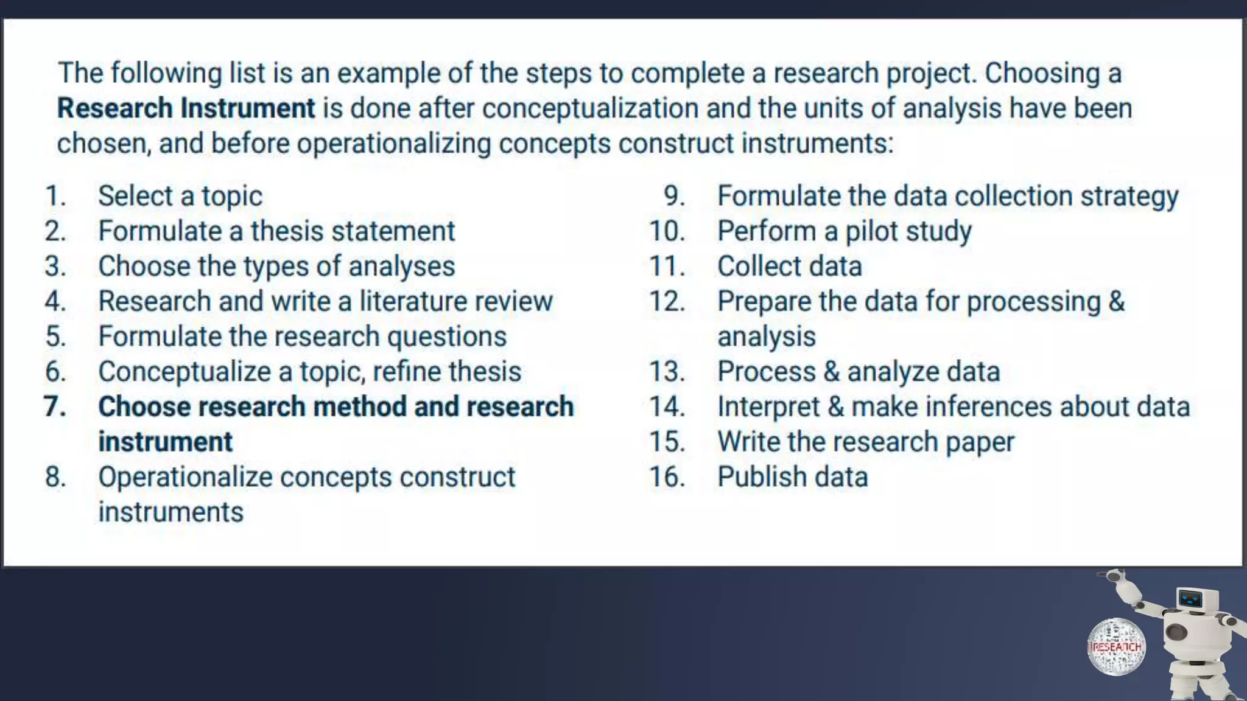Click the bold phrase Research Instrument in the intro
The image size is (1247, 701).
(186, 109)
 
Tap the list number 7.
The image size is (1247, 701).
(55, 406)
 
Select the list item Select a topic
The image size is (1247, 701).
(180, 196)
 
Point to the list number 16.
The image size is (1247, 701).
(667, 476)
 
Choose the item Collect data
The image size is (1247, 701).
(789, 267)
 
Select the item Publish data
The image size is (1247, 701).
(792, 476)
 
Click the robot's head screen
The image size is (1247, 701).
(1190, 599)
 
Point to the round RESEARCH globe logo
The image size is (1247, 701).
(1116, 647)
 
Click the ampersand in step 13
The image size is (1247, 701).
(831, 372)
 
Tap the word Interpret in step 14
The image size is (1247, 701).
(768, 407)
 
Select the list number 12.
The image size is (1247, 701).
(667, 301)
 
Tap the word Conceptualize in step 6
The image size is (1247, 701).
(184, 372)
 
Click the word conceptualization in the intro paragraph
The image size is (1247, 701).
(590, 109)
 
